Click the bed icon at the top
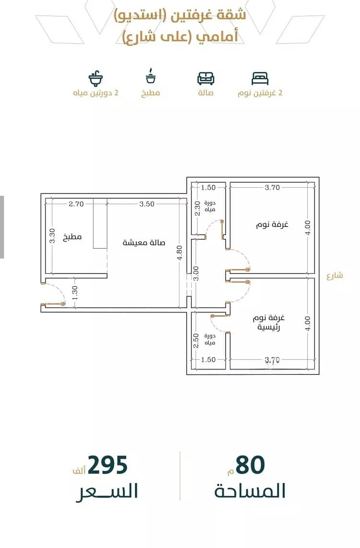pyautogui.click(x=260, y=78)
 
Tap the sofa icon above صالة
pyautogui.click(x=205, y=78)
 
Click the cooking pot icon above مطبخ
pyautogui.click(x=151, y=76)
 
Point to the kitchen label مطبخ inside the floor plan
pyautogui.click(x=72, y=238)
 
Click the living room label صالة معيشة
pyautogui.click(x=144, y=242)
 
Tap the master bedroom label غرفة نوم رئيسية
pyautogui.click(x=269, y=322)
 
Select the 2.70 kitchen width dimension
pyautogui.click(x=76, y=204)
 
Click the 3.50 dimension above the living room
pyautogui.click(x=147, y=204)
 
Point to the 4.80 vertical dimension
pyautogui.click(x=180, y=253)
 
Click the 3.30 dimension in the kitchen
pyautogui.click(x=52, y=236)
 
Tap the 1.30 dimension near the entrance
pyautogui.click(x=74, y=293)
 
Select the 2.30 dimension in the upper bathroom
pyautogui.click(x=197, y=208)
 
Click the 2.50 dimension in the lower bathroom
pyautogui.click(x=196, y=340)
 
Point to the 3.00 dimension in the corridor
pyautogui.click(x=196, y=274)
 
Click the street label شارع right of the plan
pyautogui.click(x=335, y=276)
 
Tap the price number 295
pyautogui.click(x=108, y=465)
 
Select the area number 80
pyautogui.click(x=250, y=465)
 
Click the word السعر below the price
pyautogui.click(x=107, y=491)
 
